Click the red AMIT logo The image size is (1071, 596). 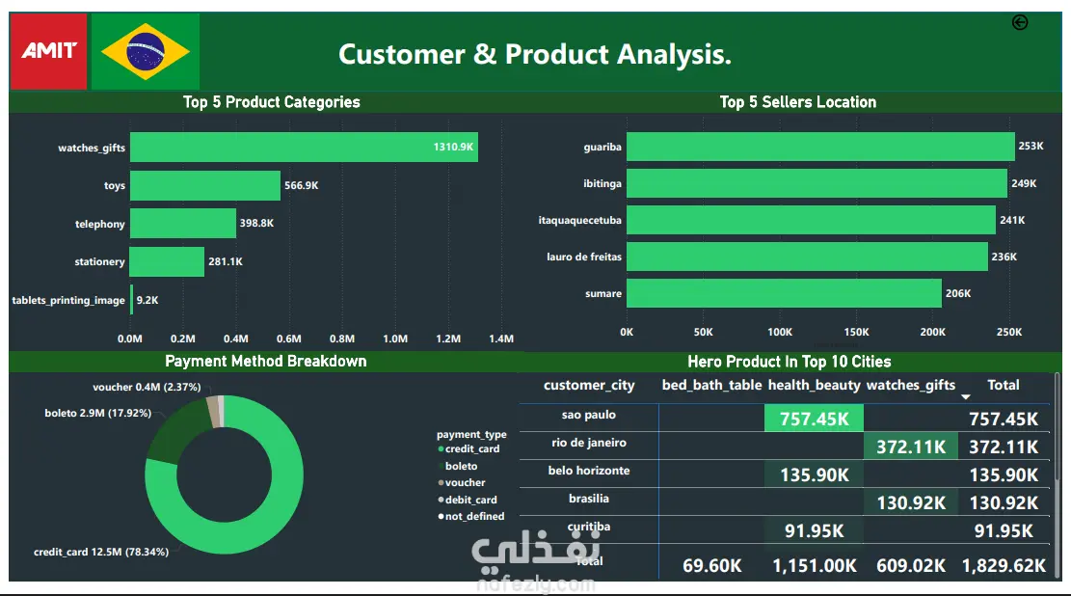click(x=48, y=50)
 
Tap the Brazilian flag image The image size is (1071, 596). click(x=146, y=51)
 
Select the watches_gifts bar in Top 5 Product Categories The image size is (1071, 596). click(x=304, y=148)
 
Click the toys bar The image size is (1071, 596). click(x=204, y=186)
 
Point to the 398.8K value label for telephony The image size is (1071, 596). click(x=256, y=224)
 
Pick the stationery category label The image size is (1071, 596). click(x=99, y=262)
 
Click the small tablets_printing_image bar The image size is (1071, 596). click(x=131, y=300)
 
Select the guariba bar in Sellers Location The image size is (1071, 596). click(x=820, y=147)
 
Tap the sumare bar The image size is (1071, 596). click(x=784, y=293)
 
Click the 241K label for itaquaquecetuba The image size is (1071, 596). click(x=1012, y=221)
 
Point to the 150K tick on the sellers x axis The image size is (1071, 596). click(x=856, y=332)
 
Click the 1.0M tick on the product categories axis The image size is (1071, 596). click(x=395, y=339)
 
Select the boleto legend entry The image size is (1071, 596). click(x=460, y=466)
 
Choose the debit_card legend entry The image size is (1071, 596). click(x=469, y=500)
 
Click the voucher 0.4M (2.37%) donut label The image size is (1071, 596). click(x=147, y=388)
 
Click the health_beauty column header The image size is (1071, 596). click(x=814, y=385)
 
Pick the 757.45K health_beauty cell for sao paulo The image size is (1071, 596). click(x=814, y=418)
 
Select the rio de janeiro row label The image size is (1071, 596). click(x=588, y=443)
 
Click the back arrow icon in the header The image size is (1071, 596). click(x=1020, y=23)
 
